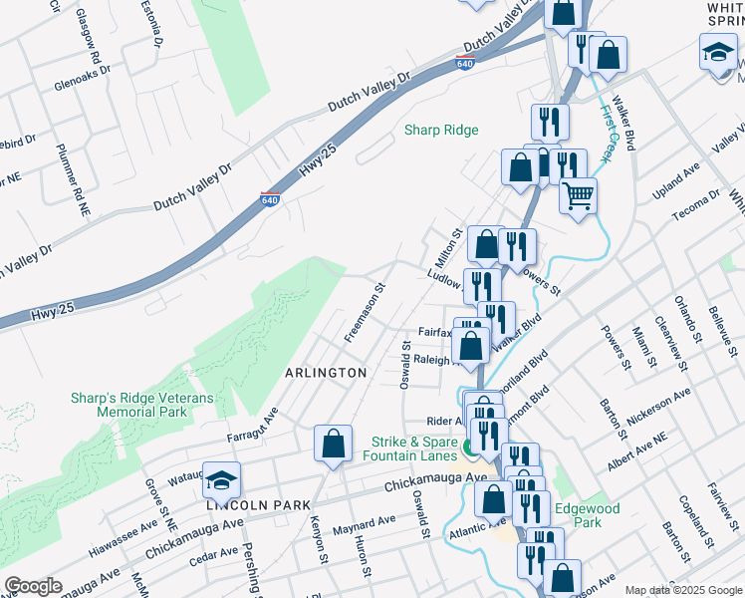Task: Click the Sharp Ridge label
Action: [441, 131]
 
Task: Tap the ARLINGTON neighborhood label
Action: [326, 372]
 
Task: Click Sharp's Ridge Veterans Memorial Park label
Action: [128, 404]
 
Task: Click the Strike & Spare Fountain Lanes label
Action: [408, 448]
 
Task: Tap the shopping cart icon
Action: [578, 197]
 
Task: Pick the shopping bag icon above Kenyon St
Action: [333, 444]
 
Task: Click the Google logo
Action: [34, 586]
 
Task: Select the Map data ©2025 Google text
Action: [682, 590]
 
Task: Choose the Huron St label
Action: [361, 554]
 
